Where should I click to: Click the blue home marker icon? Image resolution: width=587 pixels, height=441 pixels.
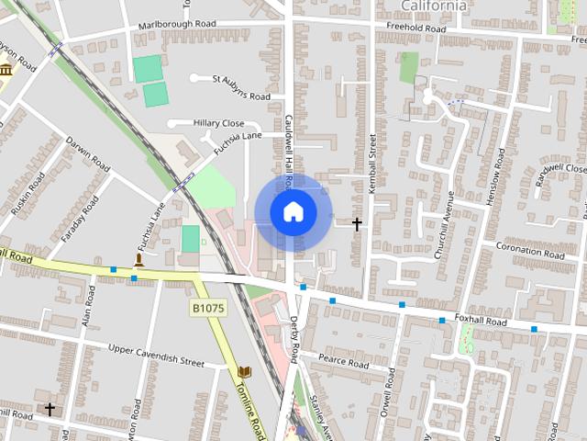point(293,212)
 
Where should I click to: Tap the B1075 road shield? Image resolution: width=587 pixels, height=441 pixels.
point(208,309)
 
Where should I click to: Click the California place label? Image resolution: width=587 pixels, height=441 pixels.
point(434,6)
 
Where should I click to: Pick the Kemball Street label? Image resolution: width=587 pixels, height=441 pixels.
point(372,164)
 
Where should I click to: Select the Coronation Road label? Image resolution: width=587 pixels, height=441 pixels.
point(530,250)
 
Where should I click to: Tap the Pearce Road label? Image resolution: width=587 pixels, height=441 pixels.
point(343,361)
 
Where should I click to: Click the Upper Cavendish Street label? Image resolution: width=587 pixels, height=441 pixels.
point(156,355)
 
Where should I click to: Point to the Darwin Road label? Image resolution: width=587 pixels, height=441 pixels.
point(88,153)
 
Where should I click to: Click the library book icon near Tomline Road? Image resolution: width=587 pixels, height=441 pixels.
point(243,371)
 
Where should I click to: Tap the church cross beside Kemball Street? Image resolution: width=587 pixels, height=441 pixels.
point(357,223)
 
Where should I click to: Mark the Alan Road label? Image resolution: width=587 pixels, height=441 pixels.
point(89,305)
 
